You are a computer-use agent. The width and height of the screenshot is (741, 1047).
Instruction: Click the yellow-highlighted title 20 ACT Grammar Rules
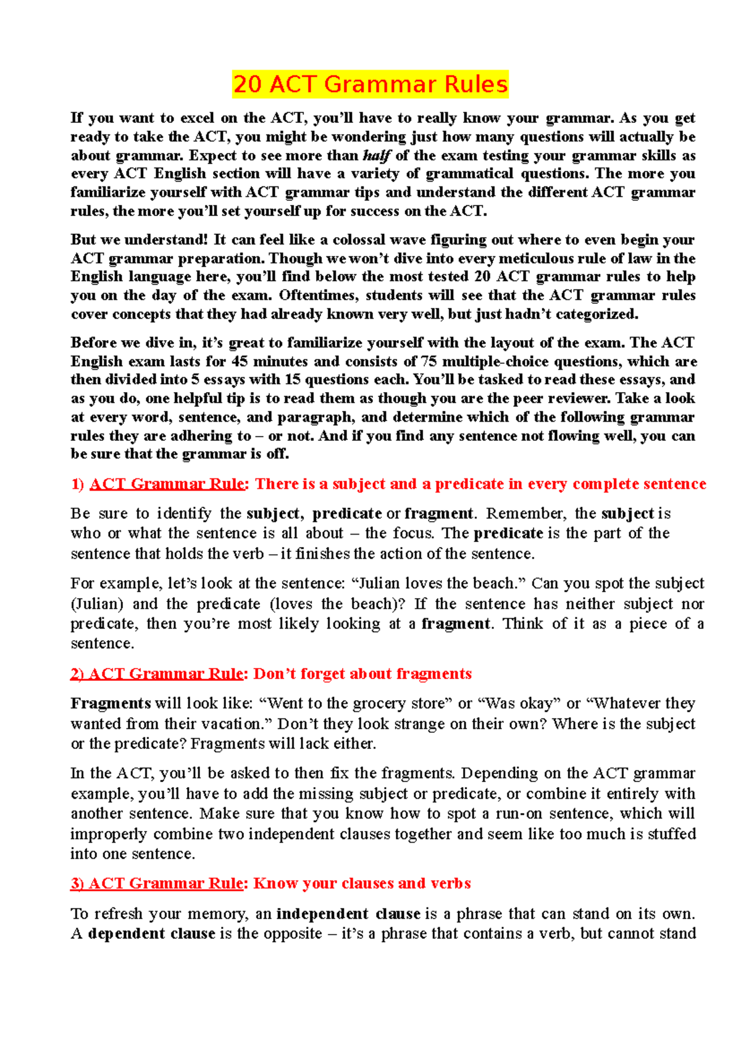point(370,85)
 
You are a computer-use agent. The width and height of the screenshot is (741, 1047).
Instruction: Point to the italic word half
point(376,156)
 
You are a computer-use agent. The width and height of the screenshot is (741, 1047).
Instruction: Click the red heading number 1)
point(77,484)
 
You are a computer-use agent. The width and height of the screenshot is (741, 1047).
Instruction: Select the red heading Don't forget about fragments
point(362,674)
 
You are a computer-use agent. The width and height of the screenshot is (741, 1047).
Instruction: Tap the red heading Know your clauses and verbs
point(362,883)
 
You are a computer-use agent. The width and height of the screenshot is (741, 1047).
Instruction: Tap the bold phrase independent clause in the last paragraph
point(348,914)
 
